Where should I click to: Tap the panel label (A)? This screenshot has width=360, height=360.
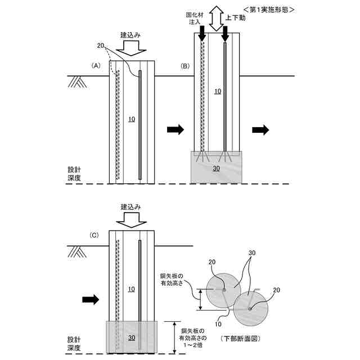[96, 66]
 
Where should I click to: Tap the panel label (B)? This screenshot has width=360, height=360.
[185, 66]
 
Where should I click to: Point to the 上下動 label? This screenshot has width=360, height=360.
[235, 18]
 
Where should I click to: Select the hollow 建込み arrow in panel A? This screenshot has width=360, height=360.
[133, 49]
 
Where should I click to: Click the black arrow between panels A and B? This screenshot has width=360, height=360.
[175, 130]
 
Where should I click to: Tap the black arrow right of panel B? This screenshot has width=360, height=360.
[260, 130]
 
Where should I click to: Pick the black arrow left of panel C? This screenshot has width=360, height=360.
[91, 299]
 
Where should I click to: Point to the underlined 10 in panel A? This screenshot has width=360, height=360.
[132, 119]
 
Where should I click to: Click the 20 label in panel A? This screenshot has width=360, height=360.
[100, 46]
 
